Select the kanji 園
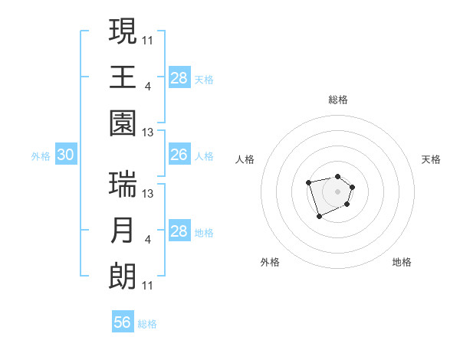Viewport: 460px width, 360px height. (123, 123)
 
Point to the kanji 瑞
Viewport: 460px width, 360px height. (123, 184)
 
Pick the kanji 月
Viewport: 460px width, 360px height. (123, 231)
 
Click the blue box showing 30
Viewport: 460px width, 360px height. (65, 155)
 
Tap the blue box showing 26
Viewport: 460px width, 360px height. (179, 155)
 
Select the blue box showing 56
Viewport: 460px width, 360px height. (123, 322)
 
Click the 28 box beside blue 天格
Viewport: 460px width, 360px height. (179, 77)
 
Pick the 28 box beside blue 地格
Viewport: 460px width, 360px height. (179, 231)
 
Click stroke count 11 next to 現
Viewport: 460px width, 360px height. (148, 39)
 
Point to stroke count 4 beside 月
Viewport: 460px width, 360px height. (147, 240)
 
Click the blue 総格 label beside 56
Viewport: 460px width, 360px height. (148, 324)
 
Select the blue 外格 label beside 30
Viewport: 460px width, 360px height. (41, 155)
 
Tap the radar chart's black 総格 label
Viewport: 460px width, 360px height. (337, 100)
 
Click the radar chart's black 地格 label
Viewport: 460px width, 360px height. (402, 262)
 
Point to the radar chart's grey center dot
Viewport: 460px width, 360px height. (337, 191)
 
